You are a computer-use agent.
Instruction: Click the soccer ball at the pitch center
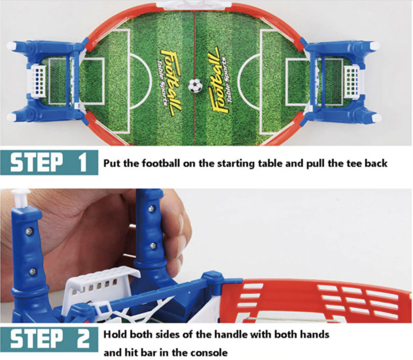coord(195,85)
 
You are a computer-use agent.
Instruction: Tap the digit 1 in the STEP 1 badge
coord(82,162)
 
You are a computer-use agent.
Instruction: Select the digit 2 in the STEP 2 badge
coord(83,339)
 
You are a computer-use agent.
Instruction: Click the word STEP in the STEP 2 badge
coord(37,339)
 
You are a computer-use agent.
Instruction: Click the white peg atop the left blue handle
coord(20,198)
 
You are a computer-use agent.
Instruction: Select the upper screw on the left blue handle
coord(28,232)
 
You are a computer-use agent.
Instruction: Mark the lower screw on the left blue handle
coord(32,272)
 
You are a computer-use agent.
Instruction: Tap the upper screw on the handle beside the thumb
coord(151,209)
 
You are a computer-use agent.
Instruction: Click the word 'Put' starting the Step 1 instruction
coord(112,164)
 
